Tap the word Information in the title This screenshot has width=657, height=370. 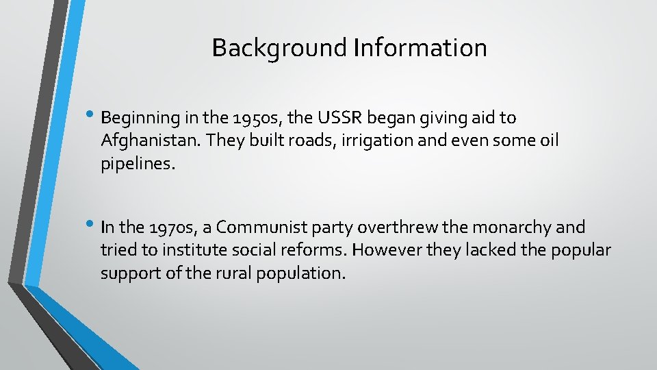tap(421, 48)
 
